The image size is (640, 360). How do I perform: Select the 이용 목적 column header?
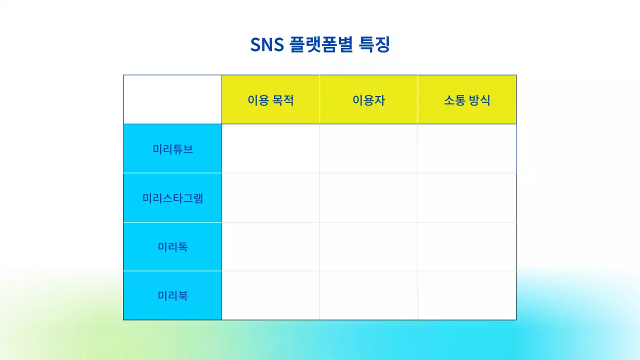(x=270, y=100)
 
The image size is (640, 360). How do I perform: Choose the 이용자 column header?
(x=368, y=100)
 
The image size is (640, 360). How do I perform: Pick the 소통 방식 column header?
(x=467, y=100)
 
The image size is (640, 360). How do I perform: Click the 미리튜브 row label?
(x=172, y=149)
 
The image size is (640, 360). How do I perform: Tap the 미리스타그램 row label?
(x=172, y=198)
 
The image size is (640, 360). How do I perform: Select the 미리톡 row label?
(x=172, y=246)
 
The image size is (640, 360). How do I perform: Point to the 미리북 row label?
(x=172, y=295)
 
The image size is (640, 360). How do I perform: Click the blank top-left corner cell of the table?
(x=172, y=99)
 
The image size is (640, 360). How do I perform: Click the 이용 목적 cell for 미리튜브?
(x=270, y=148)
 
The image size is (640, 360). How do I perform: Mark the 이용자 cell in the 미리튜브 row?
(x=368, y=148)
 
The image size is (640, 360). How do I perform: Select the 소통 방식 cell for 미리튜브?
(x=467, y=148)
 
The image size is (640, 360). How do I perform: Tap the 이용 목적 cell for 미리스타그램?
(x=270, y=197)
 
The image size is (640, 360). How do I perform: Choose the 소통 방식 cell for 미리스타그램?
(x=467, y=197)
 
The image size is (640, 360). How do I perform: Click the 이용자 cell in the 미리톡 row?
(x=368, y=246)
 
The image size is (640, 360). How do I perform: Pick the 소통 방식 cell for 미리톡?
(x=467, y=246)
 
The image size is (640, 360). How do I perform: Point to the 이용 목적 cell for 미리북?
(x=270, y=295)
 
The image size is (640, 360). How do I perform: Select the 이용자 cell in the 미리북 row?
(x=368, y=295)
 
